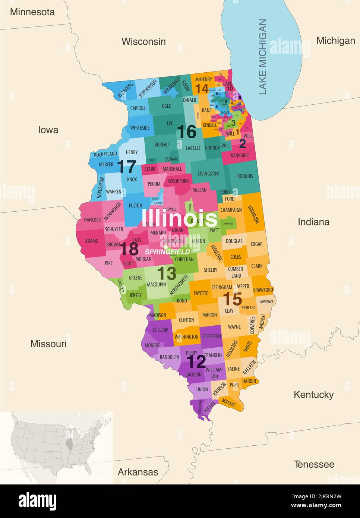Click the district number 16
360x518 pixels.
186,132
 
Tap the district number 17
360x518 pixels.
127,167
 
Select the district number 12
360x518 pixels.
196,361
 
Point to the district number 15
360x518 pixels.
233,299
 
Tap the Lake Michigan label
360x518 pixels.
263,56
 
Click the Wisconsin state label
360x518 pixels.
143,41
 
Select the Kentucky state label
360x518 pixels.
313,395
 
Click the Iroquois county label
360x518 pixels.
244,176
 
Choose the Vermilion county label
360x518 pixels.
253,214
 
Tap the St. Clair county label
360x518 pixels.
160,330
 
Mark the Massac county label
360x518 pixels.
228,402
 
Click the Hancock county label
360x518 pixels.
92,220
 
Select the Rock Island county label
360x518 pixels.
105,154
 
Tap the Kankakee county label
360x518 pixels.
240,155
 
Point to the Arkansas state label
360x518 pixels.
138,472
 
